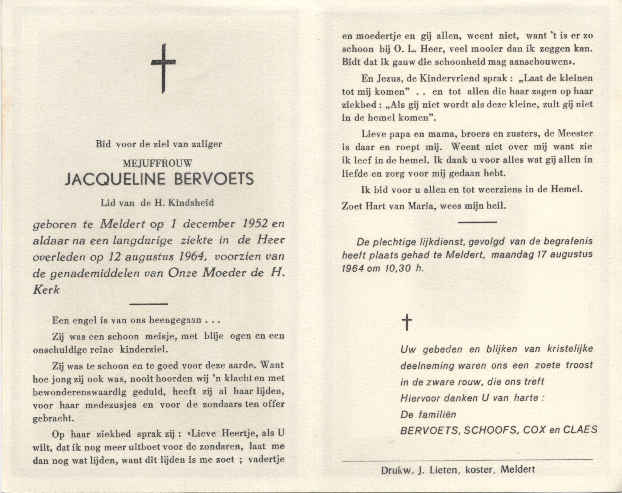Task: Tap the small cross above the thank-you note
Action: pos(407,323)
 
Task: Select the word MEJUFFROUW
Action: pos(158,163)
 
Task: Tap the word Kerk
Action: pos(46,289)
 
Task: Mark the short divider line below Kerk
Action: pos(148,304)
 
